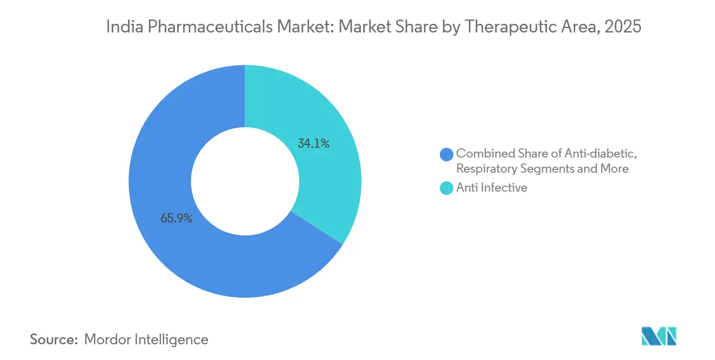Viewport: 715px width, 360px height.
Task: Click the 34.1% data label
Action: tap(314, 144)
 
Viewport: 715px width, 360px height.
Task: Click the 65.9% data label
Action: tap(177, 219)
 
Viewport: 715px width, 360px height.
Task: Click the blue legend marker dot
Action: tap(447, 154)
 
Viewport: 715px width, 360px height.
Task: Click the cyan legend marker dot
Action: tap(447, 188)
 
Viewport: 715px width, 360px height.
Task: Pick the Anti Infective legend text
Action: tap(492, 188)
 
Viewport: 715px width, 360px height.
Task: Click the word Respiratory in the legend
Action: tap(486, 168)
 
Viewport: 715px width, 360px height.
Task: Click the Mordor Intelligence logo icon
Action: tap(658, 336)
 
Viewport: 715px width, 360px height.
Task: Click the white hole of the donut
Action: tap(245, 181)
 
